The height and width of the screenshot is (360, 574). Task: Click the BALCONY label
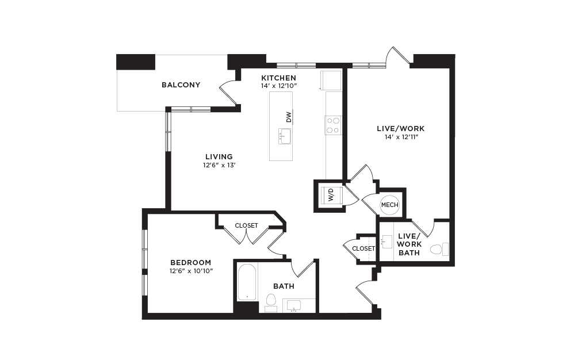coord(181,85)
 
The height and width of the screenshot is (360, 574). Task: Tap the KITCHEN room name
coord(278,78)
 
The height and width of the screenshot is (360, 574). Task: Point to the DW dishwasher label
coord(289,117)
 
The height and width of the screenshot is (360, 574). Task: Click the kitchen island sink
coord(285,136)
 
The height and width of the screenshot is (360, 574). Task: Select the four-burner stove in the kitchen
coord(333,125)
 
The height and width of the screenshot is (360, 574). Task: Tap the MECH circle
coord(389,205)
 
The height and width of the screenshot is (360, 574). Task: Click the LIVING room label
coord(219,157)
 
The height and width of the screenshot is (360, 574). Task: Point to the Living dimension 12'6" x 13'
coord(219,165)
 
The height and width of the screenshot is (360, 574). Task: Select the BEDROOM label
coord(191,263)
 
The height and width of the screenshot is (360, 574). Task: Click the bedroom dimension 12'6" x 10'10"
coord(191,271)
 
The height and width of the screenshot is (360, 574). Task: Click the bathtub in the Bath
coord(247,282)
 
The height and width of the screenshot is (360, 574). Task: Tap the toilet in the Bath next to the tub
coord(271,302)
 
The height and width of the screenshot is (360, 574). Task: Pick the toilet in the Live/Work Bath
coord(439,249)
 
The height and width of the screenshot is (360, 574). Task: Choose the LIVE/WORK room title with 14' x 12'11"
coord(400,129)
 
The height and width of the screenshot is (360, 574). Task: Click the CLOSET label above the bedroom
coord(246,226)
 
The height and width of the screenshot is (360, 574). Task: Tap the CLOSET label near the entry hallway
coord(363,249)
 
